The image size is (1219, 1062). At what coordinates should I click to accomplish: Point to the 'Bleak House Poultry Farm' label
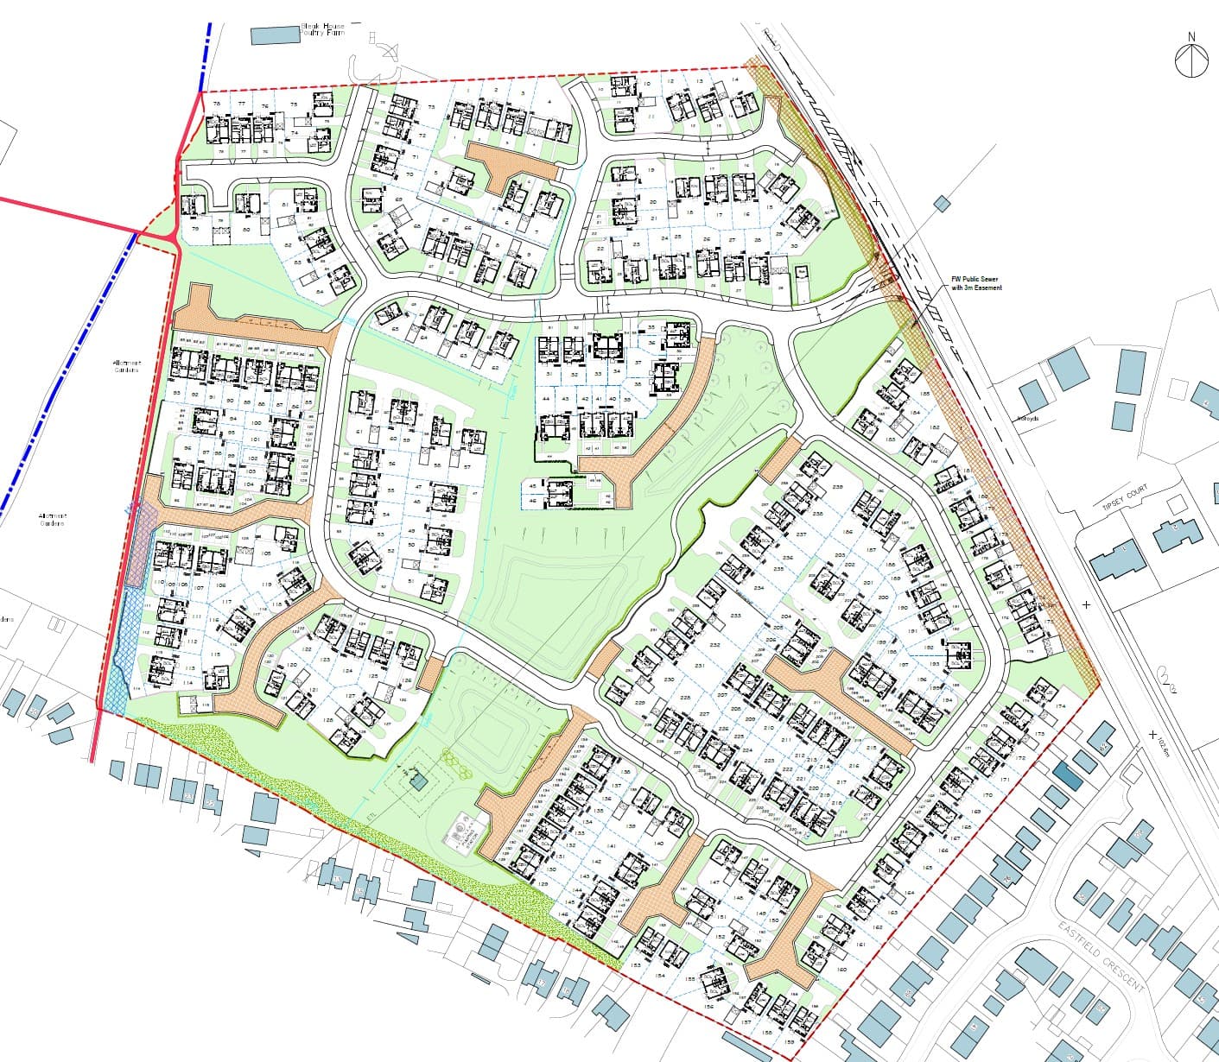click(322, 30)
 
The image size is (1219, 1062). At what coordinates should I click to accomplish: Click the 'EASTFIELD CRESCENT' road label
click(1102, 955)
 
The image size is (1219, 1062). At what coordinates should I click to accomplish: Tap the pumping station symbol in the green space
click(418, 782)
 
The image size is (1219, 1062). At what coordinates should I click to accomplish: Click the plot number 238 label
click(837, 488)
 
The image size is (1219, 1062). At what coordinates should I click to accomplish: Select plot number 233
click(735, 616)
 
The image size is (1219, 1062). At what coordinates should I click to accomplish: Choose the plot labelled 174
click(1061, 706)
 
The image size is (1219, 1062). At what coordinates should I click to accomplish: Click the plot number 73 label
click(430, 107)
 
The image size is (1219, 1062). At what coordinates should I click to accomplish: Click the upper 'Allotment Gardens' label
click(126, 367)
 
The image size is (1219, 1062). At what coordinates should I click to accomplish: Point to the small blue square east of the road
click(942, 203)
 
